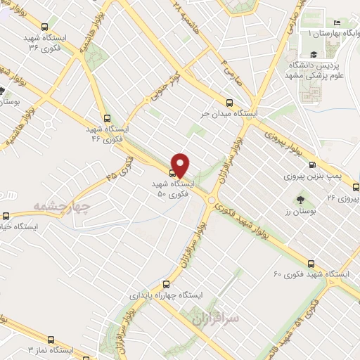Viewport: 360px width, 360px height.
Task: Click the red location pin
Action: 181,165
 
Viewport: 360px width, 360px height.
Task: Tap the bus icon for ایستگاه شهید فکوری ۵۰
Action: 173,172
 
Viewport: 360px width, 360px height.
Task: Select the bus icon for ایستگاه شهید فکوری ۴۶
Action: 107,118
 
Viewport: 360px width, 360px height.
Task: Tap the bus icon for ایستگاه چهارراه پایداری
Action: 165,285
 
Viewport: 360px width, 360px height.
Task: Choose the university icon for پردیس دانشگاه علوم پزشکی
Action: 311,54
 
